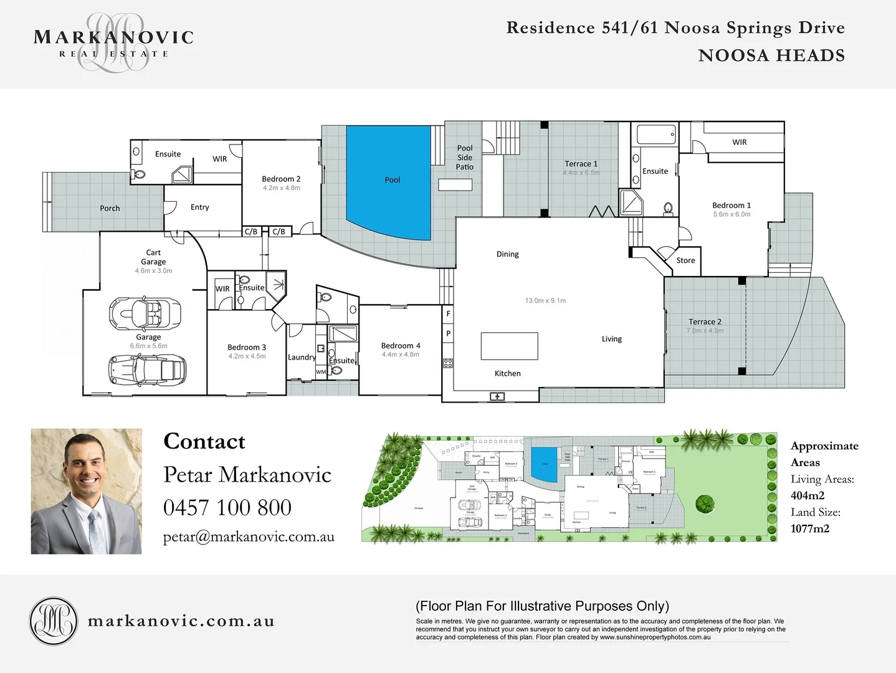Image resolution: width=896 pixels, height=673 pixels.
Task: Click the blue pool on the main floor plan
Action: point(389,181)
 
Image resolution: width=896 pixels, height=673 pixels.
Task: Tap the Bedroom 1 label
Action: point(732,205)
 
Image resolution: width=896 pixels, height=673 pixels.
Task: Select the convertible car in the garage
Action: point(145,312)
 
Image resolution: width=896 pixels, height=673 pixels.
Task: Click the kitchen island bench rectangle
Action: point(509,346)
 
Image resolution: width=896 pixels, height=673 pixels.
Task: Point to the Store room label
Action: point(685,260)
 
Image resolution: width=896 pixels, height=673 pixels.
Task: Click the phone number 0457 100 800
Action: point(227,508)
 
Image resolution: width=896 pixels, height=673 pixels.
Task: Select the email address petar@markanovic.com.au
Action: point(249,537)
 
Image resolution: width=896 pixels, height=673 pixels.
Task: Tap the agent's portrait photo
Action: point(87,491)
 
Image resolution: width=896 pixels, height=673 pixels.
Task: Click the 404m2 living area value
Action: point(808,495)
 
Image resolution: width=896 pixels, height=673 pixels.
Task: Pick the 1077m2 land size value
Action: point(810,528)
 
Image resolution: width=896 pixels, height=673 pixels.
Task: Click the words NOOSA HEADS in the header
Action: point(771,55)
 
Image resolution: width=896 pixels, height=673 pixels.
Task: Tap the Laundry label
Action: point(302,357)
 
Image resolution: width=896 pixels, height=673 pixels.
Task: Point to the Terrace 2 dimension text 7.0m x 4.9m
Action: point(705,331)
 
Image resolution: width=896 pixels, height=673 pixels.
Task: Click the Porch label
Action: point(110,208)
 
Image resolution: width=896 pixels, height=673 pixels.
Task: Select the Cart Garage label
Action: point(153,257)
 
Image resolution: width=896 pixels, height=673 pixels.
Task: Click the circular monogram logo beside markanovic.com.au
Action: point(54,621)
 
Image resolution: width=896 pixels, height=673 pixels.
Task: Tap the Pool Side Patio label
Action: point(465,158)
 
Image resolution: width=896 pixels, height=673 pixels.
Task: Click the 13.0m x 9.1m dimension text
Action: point(545,300)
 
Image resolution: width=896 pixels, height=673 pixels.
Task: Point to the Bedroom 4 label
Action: point(401,346)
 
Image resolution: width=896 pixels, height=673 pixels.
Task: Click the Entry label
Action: point(200,207)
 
